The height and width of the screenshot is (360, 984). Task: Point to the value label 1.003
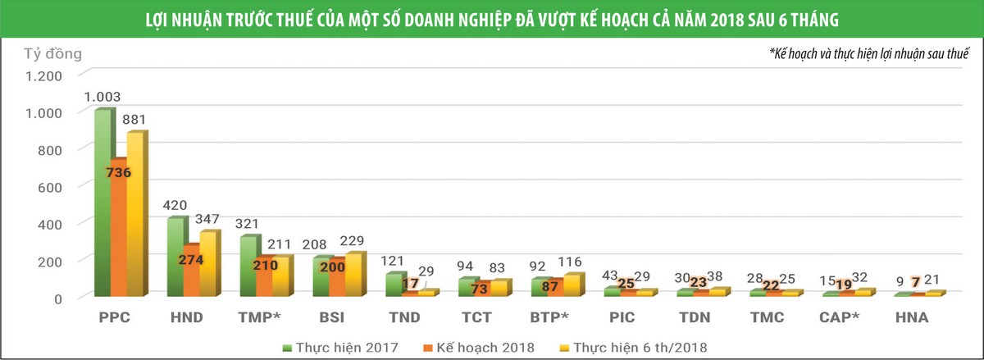pos(102,97)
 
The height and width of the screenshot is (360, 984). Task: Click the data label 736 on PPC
pos(118,173)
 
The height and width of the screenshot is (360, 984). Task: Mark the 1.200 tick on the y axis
pos(43,75)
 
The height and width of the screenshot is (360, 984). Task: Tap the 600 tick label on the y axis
pos(49,187)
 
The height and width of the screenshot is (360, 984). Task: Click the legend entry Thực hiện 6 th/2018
pos(639,347)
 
